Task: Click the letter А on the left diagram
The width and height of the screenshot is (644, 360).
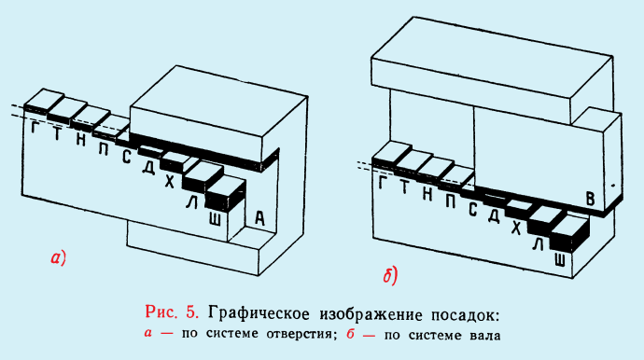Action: [x=260, y=217]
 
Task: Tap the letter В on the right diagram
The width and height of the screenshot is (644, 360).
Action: [x=589, y=197]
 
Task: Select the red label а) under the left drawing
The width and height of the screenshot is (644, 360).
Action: [x=56, y=256]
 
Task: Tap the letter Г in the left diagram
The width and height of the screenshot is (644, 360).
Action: [x=35, y=129]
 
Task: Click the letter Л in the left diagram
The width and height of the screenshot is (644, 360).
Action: [x=191, y=202]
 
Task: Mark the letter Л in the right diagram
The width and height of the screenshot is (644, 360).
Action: [x=537, y=244]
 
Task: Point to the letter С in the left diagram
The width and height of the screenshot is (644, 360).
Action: [x=126, y=156]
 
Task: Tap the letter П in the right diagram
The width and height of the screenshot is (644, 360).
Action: [x=450, y=200]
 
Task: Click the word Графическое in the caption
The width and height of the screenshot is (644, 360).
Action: [x=262, y=311]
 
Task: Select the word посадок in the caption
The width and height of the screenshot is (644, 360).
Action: [x=464, y=311]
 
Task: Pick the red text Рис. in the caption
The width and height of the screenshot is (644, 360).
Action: [x=164, y=311]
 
